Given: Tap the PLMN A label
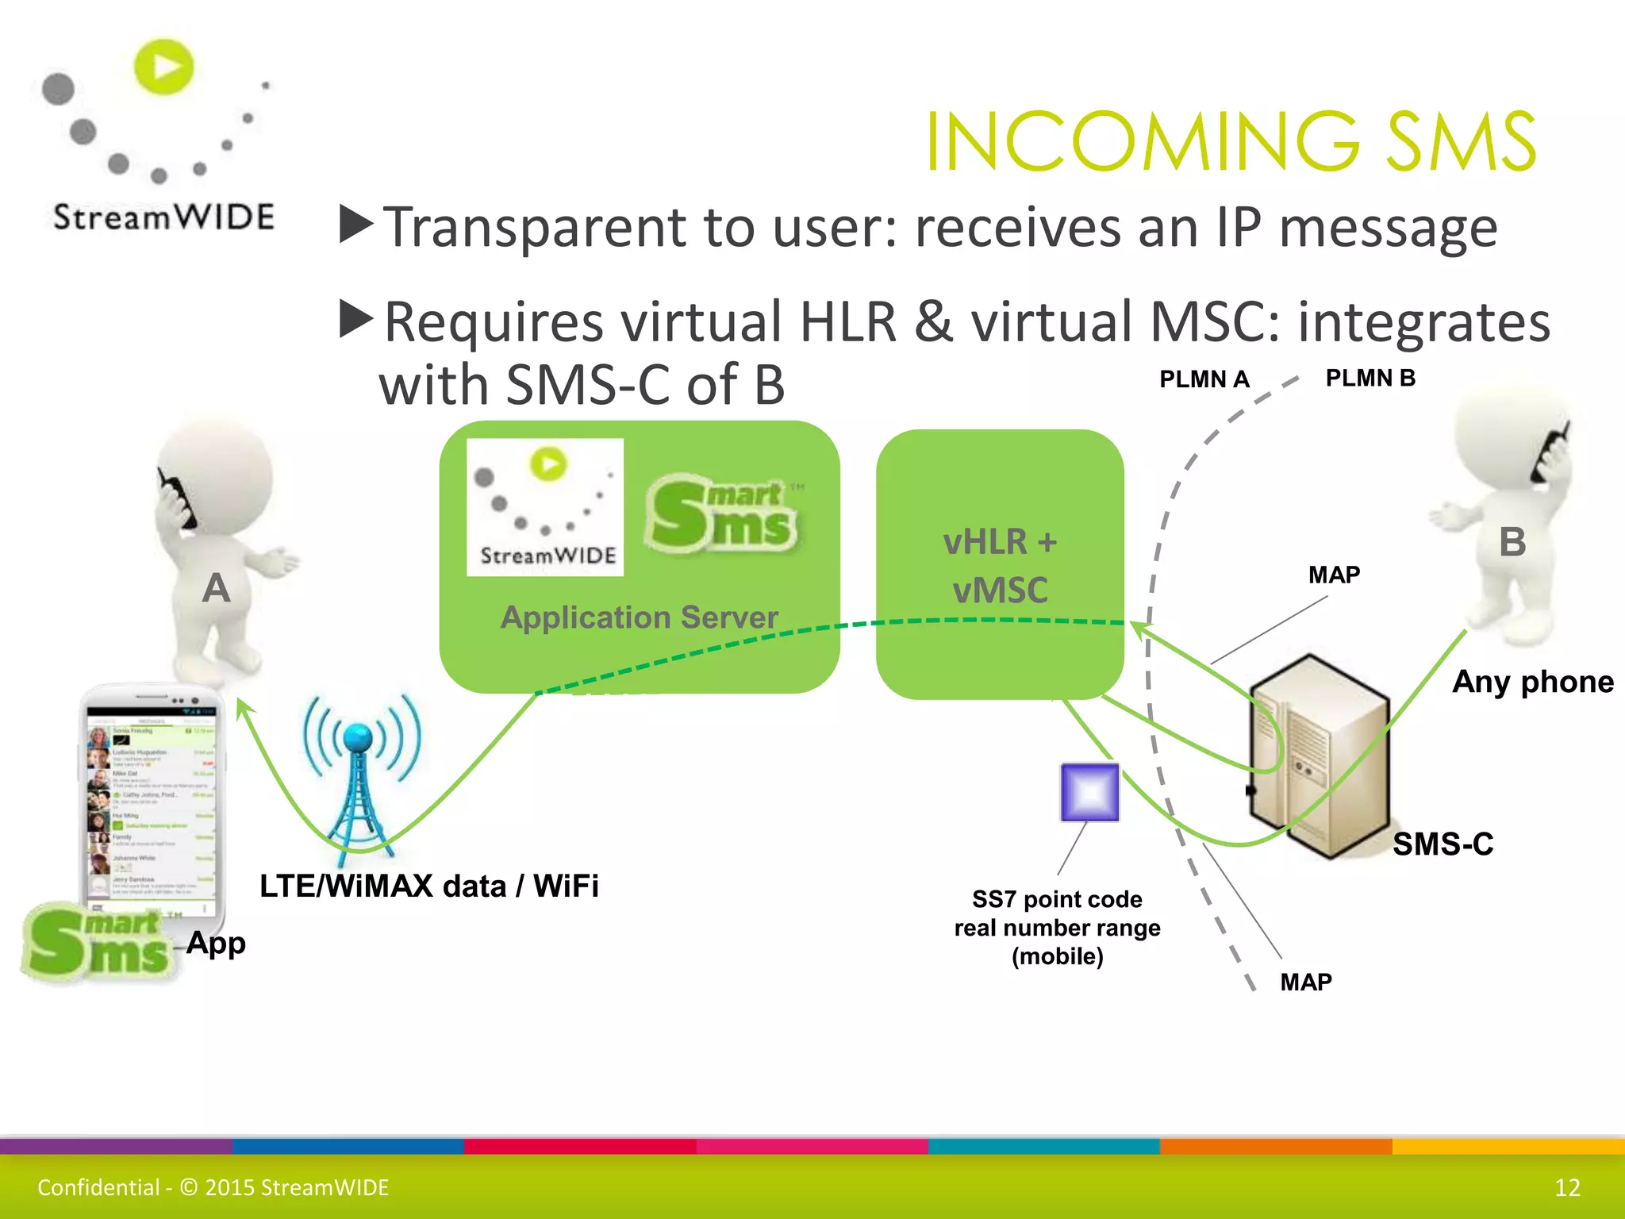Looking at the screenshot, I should click(1204, 379).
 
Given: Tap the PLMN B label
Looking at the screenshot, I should click(1370, 378).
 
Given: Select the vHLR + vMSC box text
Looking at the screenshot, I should click(1000, 565).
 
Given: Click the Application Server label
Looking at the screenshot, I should click(639, 617).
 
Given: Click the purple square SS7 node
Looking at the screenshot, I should click(1089, 792).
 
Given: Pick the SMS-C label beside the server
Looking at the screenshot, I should click(1443, 844).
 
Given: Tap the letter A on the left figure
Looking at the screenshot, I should click(216, 589).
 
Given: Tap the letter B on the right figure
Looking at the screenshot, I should click(1512, 543).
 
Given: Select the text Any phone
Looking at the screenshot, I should click(1532, 682).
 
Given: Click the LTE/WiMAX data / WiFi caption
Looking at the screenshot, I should click(428, 886).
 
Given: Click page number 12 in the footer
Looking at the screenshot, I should click(1567, 1187).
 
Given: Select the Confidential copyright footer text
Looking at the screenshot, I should click(213, 1187).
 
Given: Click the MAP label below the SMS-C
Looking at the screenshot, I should click(1305, 982).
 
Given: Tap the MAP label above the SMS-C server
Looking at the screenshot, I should click(1334, 575).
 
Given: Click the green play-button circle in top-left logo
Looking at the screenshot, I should click(164, 67).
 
